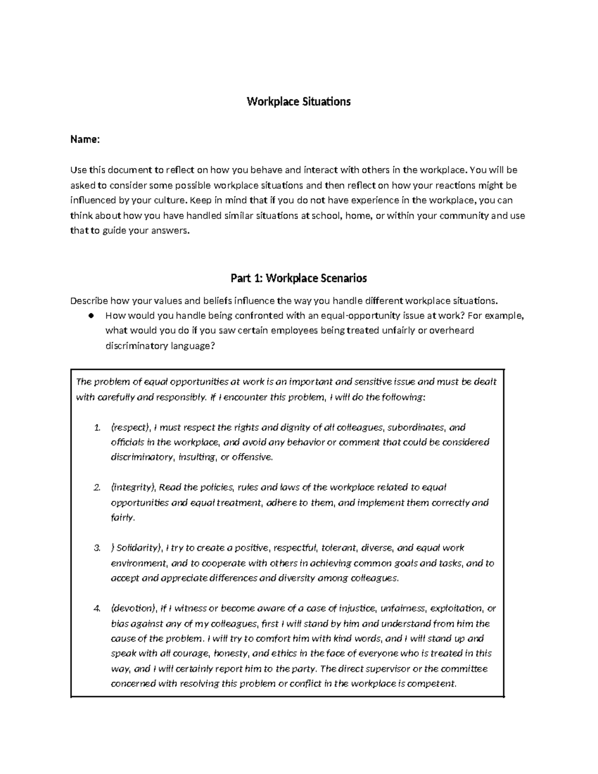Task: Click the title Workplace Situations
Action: (299, 102)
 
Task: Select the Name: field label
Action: (85, 140)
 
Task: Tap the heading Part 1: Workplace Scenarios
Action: (299, 278)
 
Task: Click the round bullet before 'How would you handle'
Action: (91, 315)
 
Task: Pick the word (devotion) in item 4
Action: (133, 608)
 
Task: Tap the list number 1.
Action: (97, 428)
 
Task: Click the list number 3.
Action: (97, 548)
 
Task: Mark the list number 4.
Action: (97, 609)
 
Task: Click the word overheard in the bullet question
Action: (452, 330)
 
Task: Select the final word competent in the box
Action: (432, 683)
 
